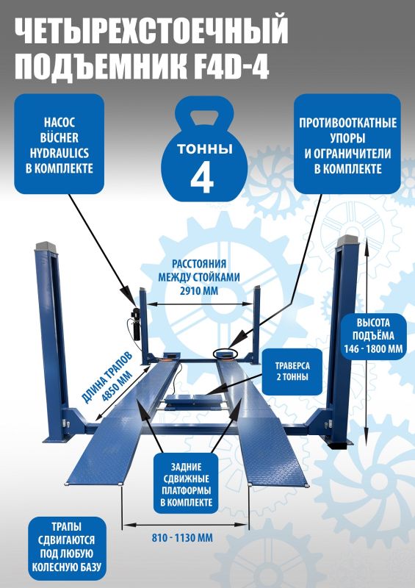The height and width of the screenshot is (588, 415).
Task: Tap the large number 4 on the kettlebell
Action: pyautogui.click(x=202, y=179)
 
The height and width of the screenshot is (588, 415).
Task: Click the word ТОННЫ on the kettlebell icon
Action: pyautogui.click(x=205, y=149)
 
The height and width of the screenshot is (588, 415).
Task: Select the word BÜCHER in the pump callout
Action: pyautogui.click(x=59, y=138)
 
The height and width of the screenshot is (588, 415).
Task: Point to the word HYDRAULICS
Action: pyautogui.click(x=59, y=153)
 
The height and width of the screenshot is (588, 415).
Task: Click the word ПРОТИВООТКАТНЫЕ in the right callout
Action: pyautogui.click(x=347, y=123)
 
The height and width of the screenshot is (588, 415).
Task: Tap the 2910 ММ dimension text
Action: pyautogui.click(x=199, y=290)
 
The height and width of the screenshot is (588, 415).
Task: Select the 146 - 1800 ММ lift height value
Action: pyautogui.click(x=373, y=349)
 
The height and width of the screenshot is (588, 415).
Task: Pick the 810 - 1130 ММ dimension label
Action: pyautogui.click(x=182, y=538)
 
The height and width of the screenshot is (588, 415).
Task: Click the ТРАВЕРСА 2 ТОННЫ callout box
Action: pyautogui.click(x=292, y=371)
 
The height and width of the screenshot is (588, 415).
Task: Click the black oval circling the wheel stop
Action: pyautogui.click(x=225, y=353)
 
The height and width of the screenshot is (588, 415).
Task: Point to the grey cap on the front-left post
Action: pyautogui.click(x=46, y=246)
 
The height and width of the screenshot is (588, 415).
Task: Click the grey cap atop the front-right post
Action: pyautogui.click(x=347, y=241)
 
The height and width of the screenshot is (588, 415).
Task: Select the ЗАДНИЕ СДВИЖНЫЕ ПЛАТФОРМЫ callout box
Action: pyautogui.click(x=186, y=484)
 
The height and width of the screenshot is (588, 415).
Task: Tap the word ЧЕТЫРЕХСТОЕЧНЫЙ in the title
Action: pyautogui.click(x=151, y=31)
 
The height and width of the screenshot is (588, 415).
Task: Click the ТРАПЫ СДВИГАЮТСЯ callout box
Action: pyautogui.click(x=67, y=547)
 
